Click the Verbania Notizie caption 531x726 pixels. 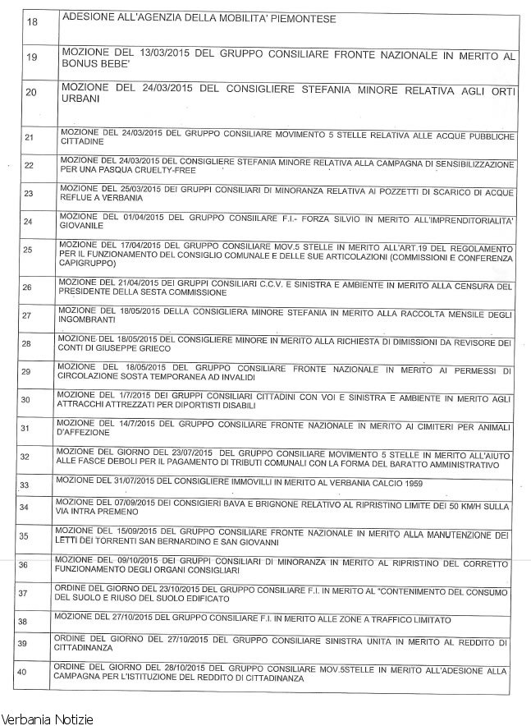[47, 719]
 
